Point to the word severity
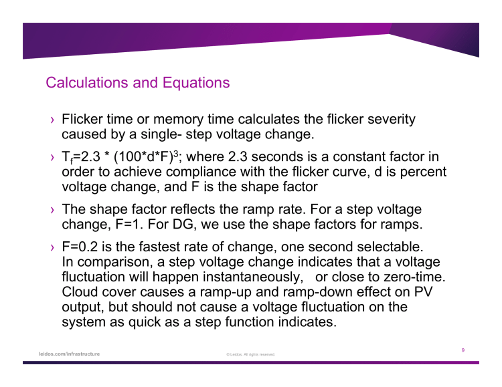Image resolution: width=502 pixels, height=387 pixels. pyautogui.click(x=392, y=120)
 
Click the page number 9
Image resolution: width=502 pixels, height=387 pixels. pyautogui.click(x=463, y=350)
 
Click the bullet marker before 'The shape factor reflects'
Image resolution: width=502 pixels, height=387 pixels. pyautogui.click(x=51, y=209)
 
